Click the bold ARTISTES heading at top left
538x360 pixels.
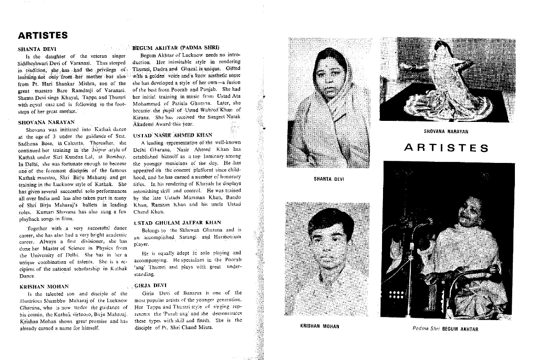tap(43, 36)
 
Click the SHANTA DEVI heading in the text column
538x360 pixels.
tap(35, 49)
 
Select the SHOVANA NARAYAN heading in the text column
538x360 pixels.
tap(46, 122)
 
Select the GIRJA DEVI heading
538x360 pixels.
tap(151, 285)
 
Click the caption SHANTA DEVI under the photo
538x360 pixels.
tap(329, 179)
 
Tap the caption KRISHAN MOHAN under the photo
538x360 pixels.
tap(319, 326)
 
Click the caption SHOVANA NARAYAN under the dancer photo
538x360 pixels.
tap(446, 132)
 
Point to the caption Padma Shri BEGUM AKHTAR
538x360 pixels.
tap(446, 330)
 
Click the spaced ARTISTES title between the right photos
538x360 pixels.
tap(446, 148)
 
